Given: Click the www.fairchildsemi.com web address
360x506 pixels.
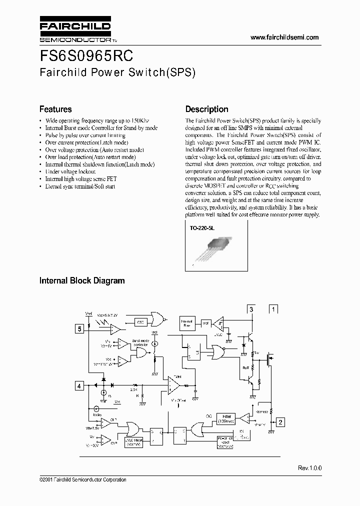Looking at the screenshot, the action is pos(284,37).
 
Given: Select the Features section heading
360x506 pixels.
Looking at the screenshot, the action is pos(55,109).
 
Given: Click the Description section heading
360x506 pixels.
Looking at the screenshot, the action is pos(206,109).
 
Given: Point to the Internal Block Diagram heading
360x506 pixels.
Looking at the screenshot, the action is pos(82,280).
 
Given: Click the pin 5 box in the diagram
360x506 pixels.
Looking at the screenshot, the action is pos(79,328).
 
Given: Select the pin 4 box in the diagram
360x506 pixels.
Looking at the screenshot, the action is pos(79,385).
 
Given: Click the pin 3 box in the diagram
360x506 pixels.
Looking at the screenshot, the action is pos(251,309).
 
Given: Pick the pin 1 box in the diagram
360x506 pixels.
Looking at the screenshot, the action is pos(273,309).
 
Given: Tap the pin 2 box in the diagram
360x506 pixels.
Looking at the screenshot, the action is pos(280,422).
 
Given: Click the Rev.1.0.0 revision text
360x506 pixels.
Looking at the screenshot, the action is pos(310,467).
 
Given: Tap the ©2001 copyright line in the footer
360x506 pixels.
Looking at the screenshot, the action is pos(82,479).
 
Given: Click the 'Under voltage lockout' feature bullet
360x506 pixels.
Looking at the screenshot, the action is pos(69,171).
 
